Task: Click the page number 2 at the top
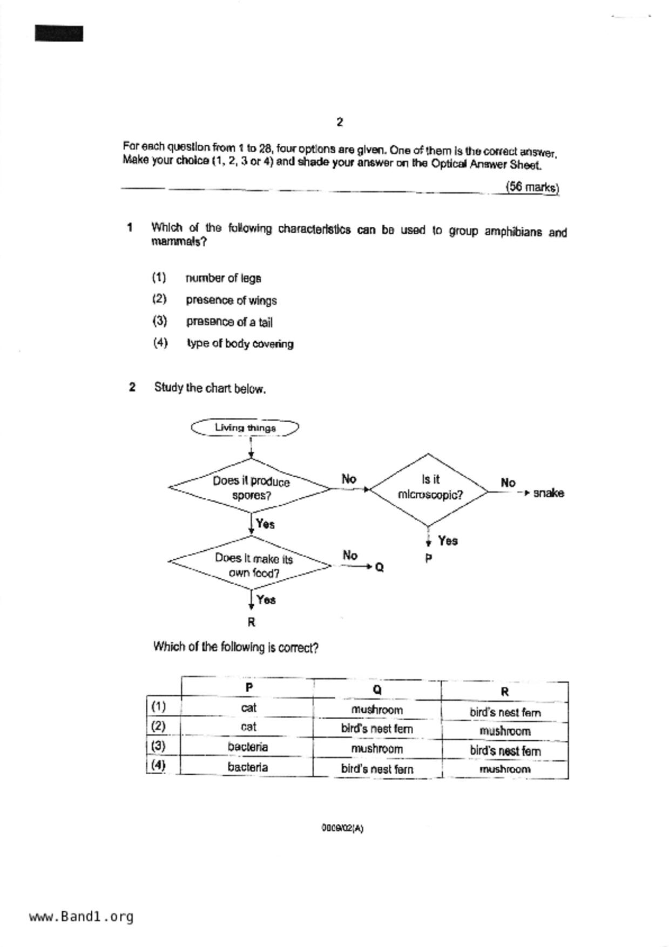[339, 122]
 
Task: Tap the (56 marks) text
[532, 187]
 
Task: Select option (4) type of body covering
[240, 343]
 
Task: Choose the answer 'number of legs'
[223, 278]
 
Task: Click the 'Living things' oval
[245, 428]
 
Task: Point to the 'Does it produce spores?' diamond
[251, 488]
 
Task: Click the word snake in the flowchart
[548, 493]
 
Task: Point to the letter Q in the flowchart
[379, 567]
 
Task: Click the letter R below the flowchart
[251, 622]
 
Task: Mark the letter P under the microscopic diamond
[429, 558]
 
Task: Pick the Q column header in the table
[377, 689]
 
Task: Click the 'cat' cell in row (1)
[248, 708]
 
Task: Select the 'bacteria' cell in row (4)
[247, 767]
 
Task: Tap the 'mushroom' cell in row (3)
[377, 749]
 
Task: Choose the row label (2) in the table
[158, 726]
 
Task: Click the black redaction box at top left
[59, 33]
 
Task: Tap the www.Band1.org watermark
[81, 916]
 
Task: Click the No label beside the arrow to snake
[508, 483]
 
